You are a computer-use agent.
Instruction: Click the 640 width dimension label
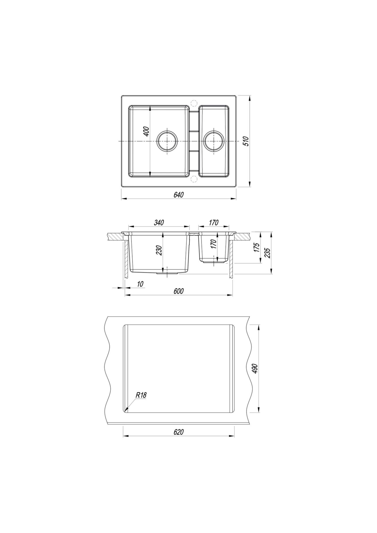pos(179,195)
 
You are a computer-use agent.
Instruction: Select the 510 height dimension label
pos(246,141)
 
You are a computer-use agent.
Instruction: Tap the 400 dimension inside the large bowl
pos(146,132)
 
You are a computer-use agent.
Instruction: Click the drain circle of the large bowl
pos(167,141)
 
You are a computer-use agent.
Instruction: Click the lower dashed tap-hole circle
pos(194,179)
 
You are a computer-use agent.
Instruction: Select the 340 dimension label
pos(159,223)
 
